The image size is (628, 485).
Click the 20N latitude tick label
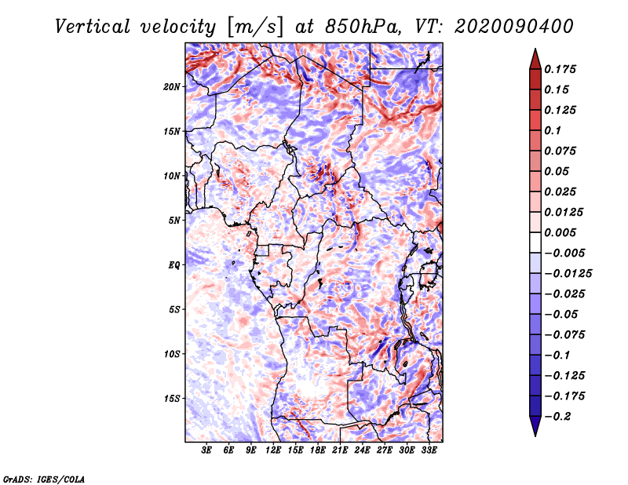tap(172, 86)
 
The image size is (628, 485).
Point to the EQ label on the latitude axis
tap(174, 265)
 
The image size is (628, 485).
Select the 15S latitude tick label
tap(172, 399)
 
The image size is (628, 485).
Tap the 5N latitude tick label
tap(173, 221)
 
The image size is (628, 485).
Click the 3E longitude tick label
tap(207, 450)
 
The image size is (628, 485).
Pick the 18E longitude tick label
tap(318, 450)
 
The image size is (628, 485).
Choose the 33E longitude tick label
tap(429, 450)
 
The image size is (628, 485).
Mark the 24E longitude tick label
tap(363, 450)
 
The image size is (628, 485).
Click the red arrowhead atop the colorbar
tap(535, 58)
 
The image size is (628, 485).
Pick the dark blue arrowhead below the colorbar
tap(535, 426)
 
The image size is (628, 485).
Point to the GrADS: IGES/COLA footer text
tap(43, 478)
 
